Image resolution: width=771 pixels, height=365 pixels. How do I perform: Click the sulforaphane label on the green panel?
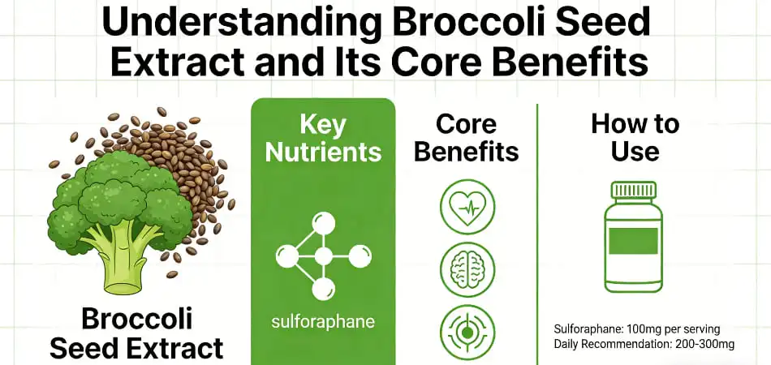tap(323, 321)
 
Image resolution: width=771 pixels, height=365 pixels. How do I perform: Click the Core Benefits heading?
tap(466, 137)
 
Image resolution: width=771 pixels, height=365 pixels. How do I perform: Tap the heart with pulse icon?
tap(467, 207)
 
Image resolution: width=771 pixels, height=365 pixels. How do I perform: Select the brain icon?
tap(467, 269)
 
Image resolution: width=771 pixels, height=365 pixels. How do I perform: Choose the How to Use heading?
tap(634, 137)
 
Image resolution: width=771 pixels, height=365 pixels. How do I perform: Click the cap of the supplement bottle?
tap(634, 191)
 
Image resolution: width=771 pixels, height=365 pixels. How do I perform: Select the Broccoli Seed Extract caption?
tap(136, 333)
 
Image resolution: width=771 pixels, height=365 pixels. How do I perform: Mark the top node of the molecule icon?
tap(323, 221)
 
